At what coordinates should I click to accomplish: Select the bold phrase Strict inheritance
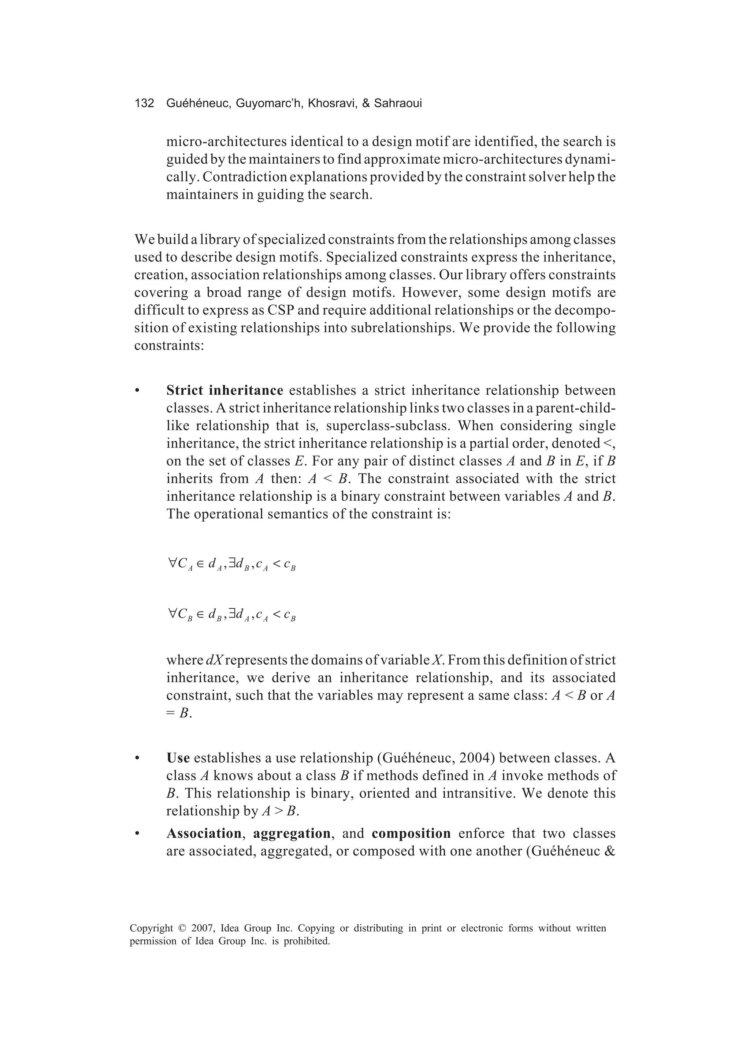coord(224,390)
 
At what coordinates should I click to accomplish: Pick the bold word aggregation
coord(292,833)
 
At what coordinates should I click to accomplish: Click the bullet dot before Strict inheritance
coord(137,391)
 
